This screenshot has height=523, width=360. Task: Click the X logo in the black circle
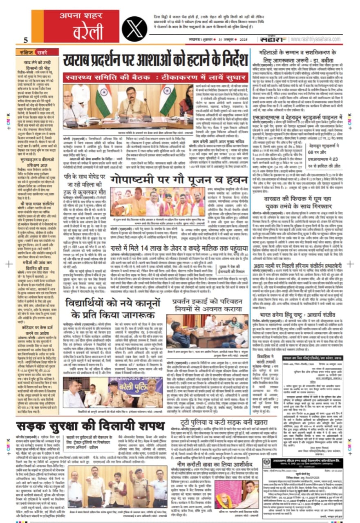click(x=134, y=27)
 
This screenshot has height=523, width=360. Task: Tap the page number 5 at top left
click(x=25, y=40)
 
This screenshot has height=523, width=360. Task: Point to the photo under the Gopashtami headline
click(x=163, y=201)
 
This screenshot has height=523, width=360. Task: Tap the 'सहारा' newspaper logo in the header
click(x=271, y=39)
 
